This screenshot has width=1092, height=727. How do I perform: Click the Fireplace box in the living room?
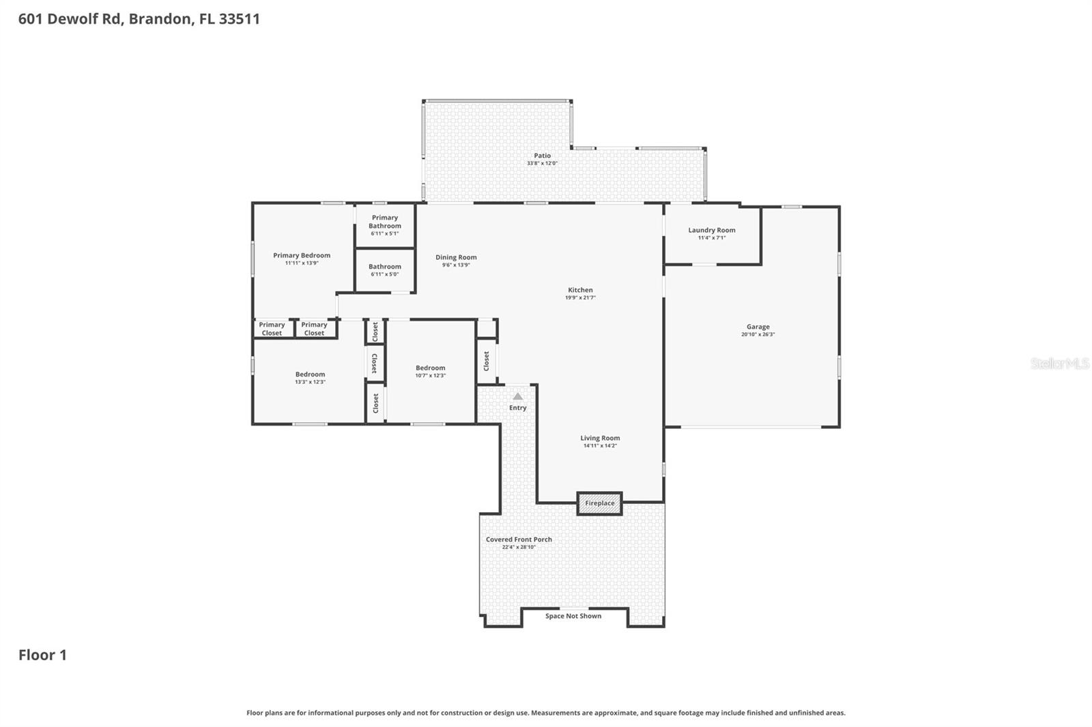click(x=599, y=503)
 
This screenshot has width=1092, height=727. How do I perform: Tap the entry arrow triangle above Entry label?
click(x=517, y=396)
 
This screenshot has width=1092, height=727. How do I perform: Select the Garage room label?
click(x=758, y=327)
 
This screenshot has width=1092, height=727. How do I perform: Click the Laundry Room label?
click(x=711, y=231)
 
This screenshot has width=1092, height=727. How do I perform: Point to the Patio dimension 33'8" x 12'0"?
click(x=542, y=164)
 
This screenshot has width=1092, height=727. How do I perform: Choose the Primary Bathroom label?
click(x=385, y=222)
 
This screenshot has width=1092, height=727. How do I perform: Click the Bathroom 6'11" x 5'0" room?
click(x=385, y=270)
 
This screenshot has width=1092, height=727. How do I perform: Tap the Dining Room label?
click(x=456, y=258)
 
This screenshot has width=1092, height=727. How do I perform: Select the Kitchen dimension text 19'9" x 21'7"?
click(x=580, y=298)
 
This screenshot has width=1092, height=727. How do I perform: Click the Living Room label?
click(x=600, y=439)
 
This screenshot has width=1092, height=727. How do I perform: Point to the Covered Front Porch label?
click(x=519, y=539)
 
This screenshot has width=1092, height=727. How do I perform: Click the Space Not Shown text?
click(x=573, y=617)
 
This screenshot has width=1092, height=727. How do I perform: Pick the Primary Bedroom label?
click(x=302, y=256)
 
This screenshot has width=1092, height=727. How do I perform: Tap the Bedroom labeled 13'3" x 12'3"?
click(x=310, y=378)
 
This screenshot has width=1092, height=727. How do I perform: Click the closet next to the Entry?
click(x=486, y=361)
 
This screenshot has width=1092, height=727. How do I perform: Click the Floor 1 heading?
click(x=42, y=655)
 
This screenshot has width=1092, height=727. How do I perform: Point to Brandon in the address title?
click(x=160, y=19)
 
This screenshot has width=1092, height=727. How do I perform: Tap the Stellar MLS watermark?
click(x=1059, y=363)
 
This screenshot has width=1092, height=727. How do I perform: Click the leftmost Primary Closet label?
click(x=272, y=329)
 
